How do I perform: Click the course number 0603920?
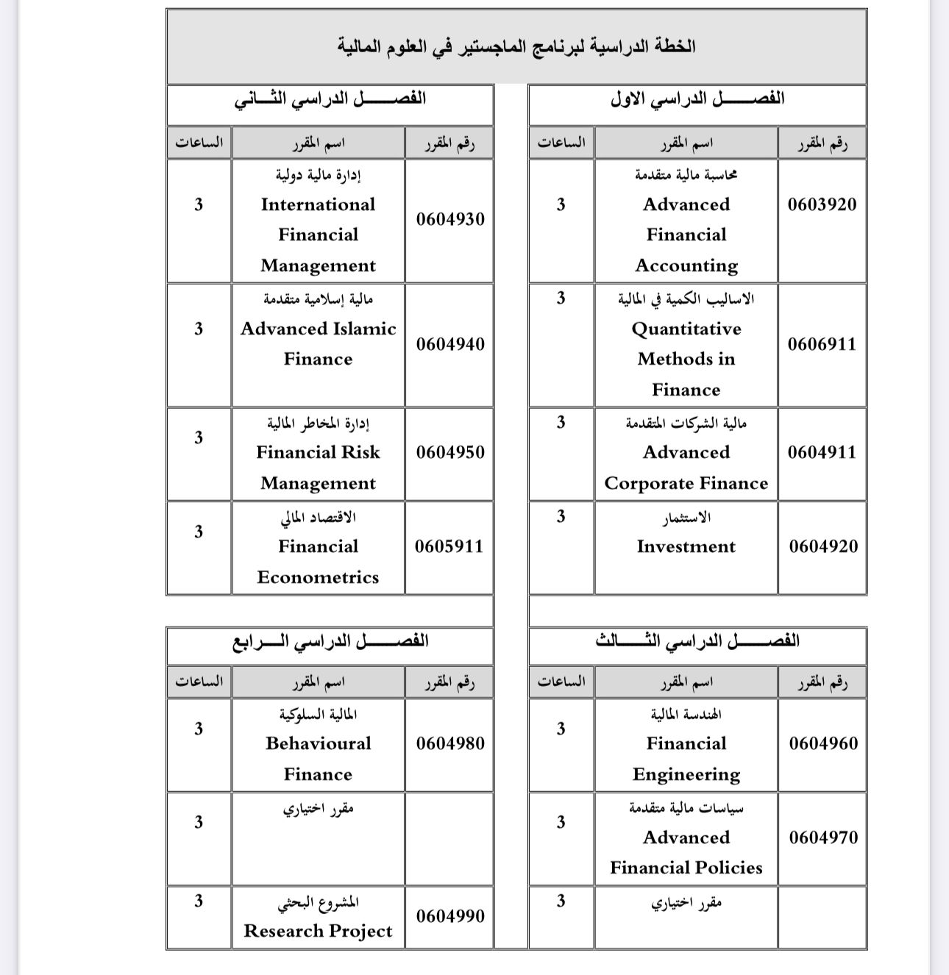tap(822, 204)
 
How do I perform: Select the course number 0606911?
tap(822, 344)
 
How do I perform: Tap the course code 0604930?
tap(450, 219)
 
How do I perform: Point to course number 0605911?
tap(449, 546)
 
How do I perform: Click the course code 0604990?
tap(450, 916)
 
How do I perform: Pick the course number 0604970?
tap(823, 838)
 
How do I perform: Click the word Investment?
tap(686, 546)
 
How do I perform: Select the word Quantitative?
tap(686, 329)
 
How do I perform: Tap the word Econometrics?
tap(318, 577)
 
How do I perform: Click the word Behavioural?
tap(318, 743)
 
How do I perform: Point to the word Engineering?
tap(686, 774)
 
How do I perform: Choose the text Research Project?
tap(318, 932)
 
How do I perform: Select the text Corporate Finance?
tap(686, 483)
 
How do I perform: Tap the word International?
tap(318, 204)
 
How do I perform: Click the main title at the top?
tap(516, 46)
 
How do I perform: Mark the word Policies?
tap(727, 868)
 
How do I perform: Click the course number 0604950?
tap(450, 452)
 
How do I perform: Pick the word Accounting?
tap(686, 265)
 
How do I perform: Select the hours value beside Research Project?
tap(199, 901)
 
